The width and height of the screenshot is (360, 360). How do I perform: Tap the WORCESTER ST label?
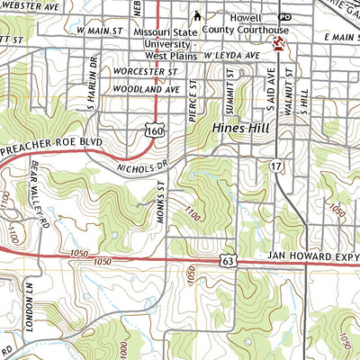[x=145, y=71]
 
